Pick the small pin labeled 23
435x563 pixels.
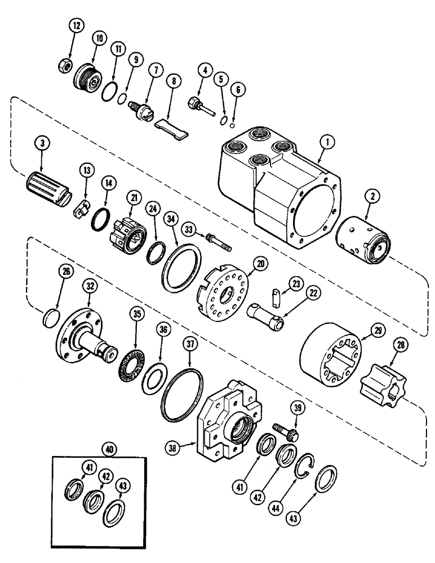[x=276, y=296]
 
